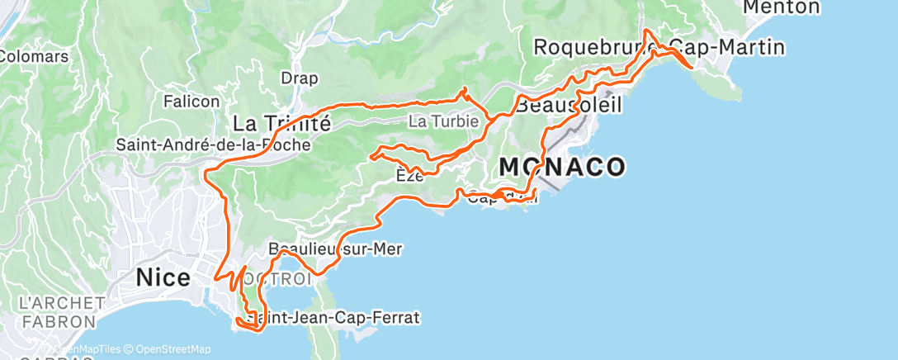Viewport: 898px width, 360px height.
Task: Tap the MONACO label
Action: click(x=561, y=168)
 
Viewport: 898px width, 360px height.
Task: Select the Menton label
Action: click(x=782, y=7)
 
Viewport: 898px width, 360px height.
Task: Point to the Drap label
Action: click(x=300, y=78)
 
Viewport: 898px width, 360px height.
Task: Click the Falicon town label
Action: click(x=191, y=102)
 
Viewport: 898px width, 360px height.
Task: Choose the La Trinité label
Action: click(x=281, y=124)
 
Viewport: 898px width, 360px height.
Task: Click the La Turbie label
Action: click(x=444, y=121)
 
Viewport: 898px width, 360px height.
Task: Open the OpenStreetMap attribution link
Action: click(x=173, y=349)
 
